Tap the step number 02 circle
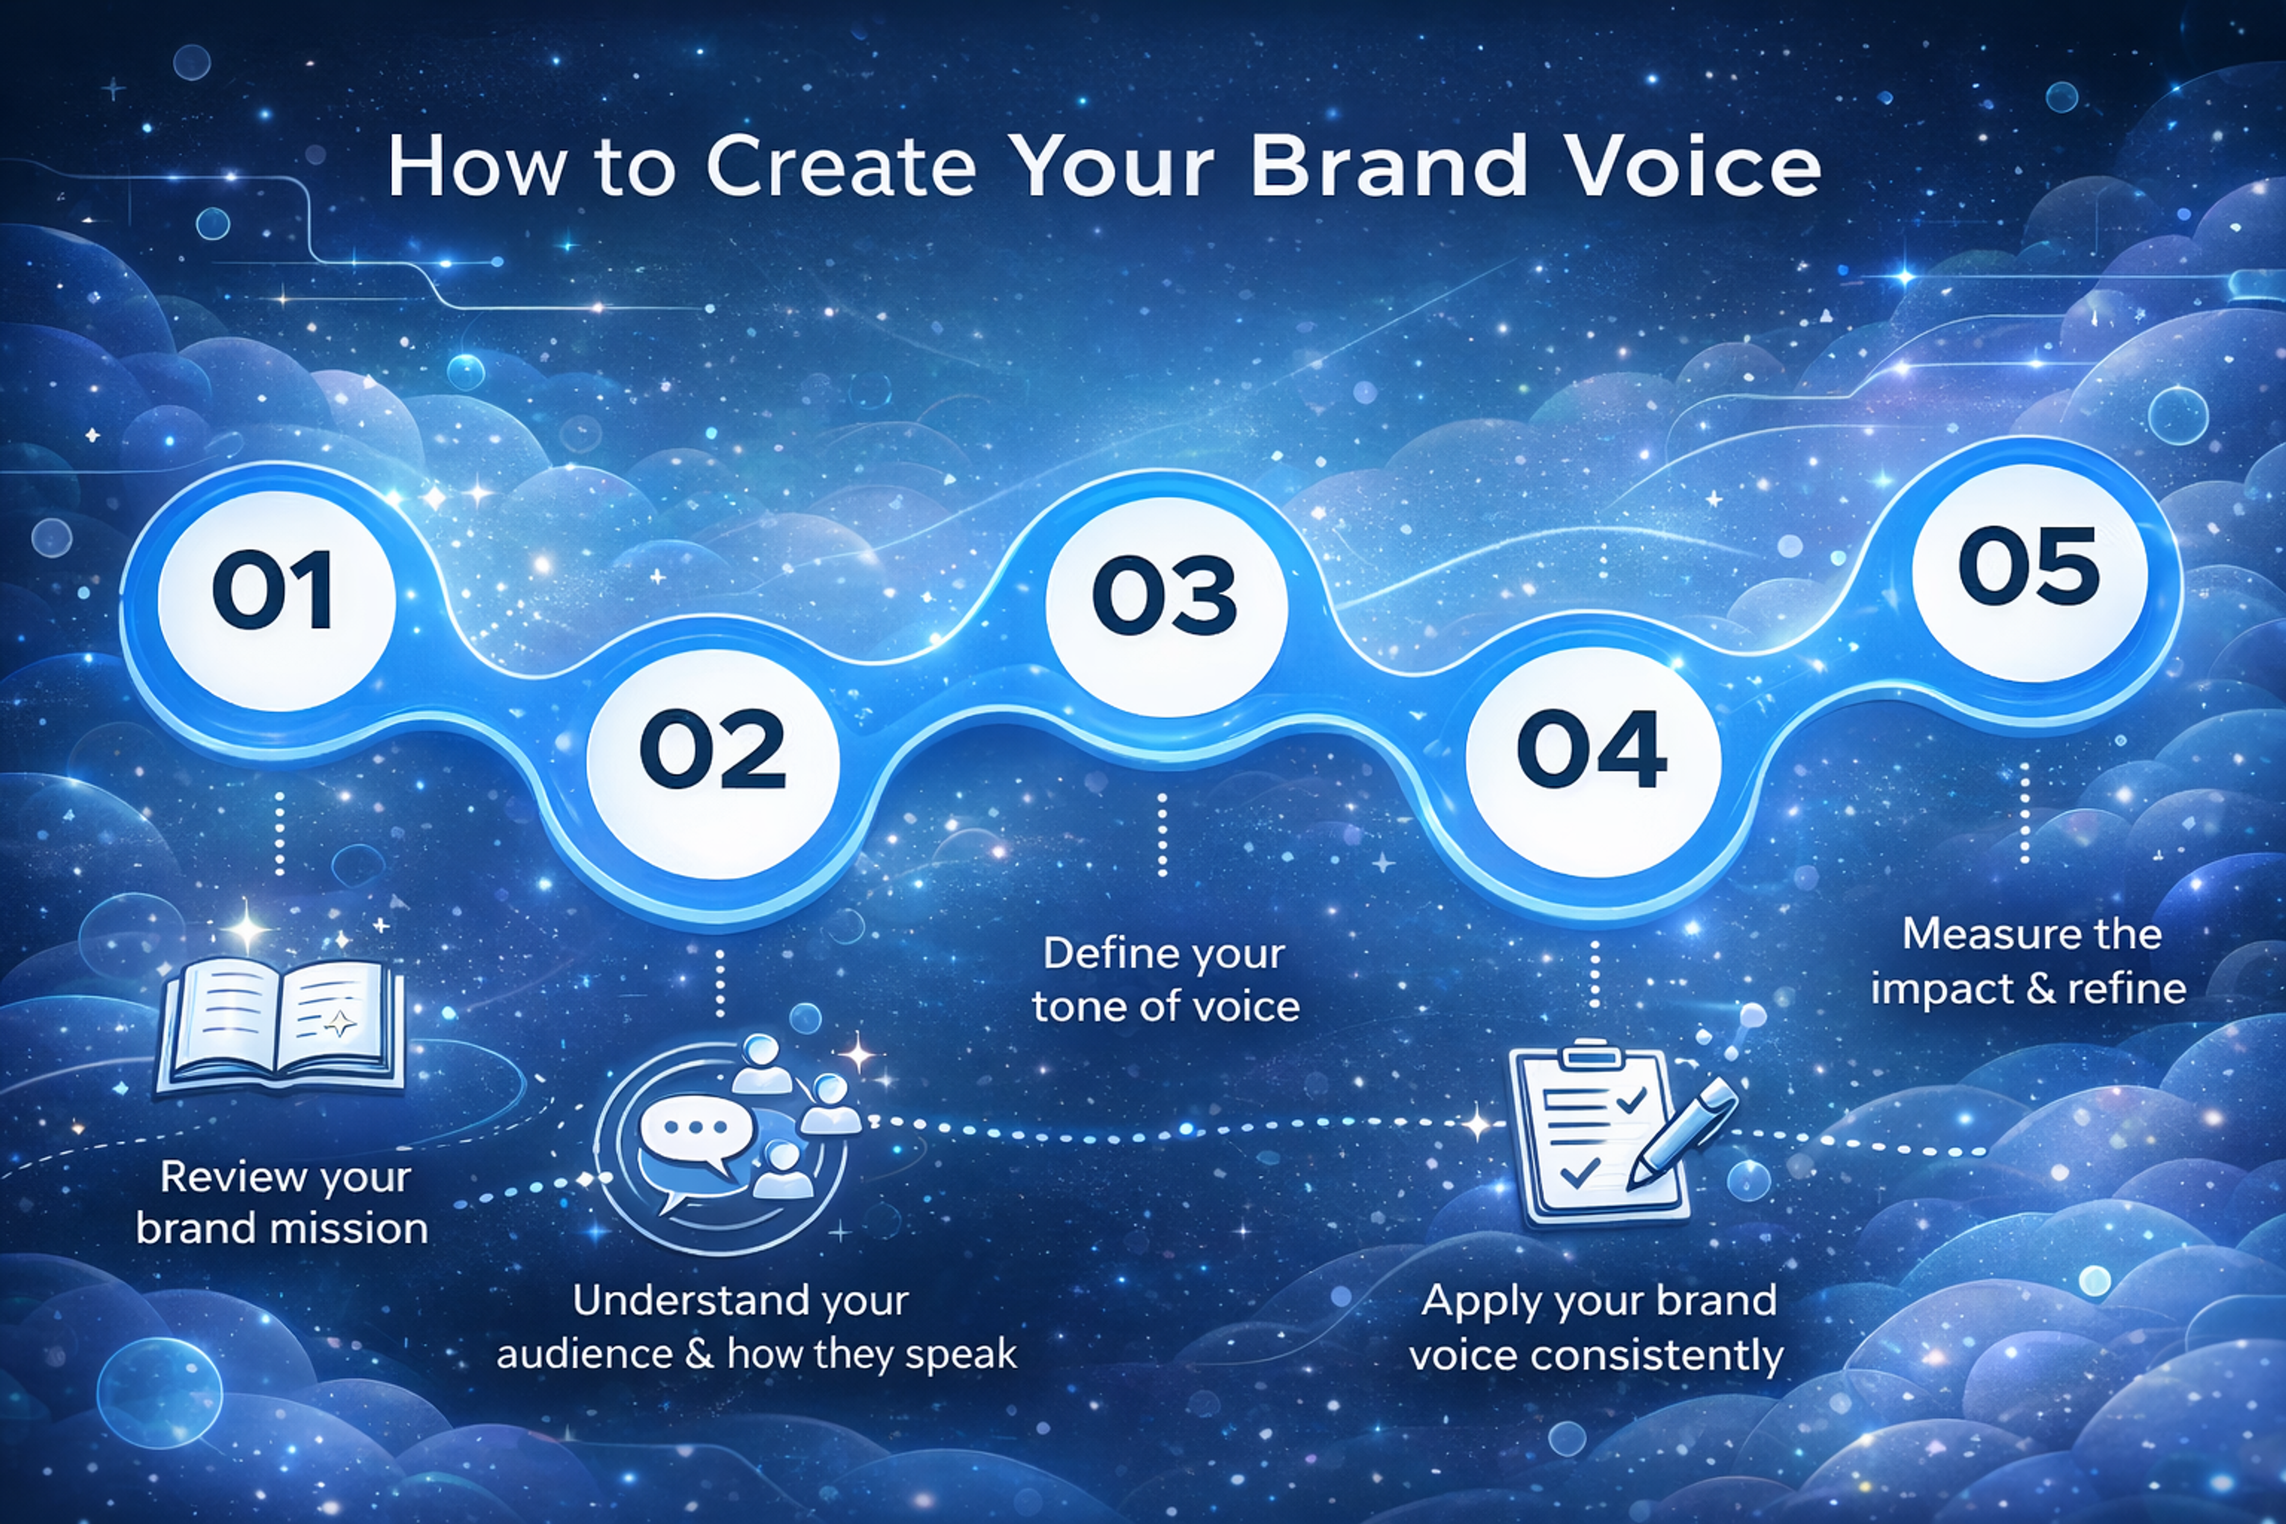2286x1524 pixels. coord(713,750)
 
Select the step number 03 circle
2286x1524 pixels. coord(1166,594)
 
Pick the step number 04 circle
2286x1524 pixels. coord(1591,750)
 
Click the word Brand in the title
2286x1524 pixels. coord(1388,167)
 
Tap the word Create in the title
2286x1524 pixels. coord(841,167)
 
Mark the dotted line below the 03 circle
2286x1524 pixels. coord(1163,834)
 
